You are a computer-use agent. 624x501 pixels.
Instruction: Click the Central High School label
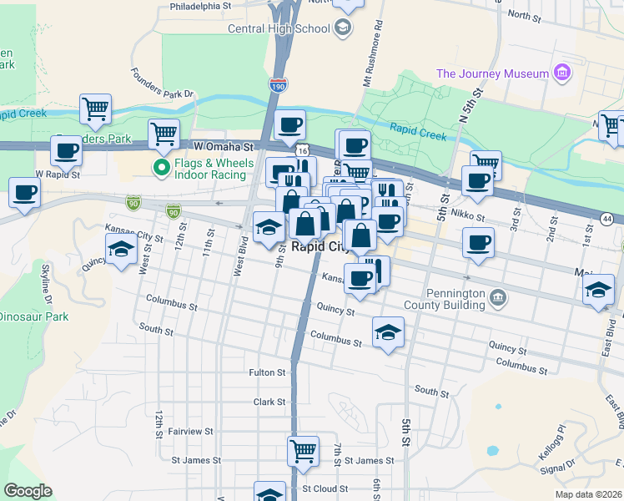click(279, 29)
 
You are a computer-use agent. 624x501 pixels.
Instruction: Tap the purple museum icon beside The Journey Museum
click(562, 73)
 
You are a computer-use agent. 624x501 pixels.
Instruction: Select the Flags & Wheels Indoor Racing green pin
click(161, 169)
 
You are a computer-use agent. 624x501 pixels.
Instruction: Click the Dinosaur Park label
click(33, 317)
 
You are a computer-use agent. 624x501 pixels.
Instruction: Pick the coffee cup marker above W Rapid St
click(66, 151)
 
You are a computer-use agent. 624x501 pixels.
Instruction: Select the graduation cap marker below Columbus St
click(388, 333)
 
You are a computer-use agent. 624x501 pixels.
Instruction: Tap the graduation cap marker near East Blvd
click(598, 290)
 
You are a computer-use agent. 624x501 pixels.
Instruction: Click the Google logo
click(28, 491)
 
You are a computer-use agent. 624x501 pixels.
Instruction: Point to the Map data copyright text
click(587, 494)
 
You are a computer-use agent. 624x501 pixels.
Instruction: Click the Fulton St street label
click(267, 372)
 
